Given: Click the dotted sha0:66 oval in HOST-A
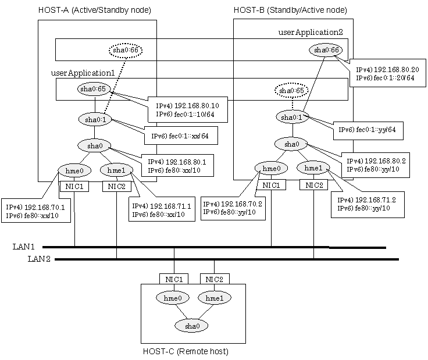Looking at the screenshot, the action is click(x=126, y=50).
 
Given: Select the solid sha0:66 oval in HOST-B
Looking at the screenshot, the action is click(x=326, y=50).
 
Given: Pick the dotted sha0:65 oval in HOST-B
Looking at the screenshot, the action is click(x=291, y=90).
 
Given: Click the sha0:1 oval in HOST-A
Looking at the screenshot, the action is click(x=95, y=120).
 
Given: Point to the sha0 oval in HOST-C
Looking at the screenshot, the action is click(x=191, y=326).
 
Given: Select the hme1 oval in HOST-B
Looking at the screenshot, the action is click(x=313, y=168).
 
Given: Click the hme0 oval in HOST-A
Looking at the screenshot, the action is click(x=74, y=171).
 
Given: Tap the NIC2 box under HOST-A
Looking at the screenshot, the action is click(x=116, y=187).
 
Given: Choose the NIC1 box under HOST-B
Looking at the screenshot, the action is click(x=271, y=186).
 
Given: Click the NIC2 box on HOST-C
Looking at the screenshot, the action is click(x=215, y=279).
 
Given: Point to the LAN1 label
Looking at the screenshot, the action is click(x=24, y=247).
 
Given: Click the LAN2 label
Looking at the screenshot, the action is click(x=39, y=259).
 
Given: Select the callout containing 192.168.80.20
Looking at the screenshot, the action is click(x=388, y=73).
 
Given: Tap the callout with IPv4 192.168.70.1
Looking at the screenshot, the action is click(x=35, y=211).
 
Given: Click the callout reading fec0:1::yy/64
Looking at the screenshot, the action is click(x=368, y=130).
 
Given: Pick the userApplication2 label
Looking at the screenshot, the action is click(x=311, y=32).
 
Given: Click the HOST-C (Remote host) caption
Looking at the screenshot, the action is click(x=186, y=351).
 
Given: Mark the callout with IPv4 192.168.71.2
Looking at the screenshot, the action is click(x=368, y=205).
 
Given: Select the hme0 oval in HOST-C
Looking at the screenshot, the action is click(x=173, y=298).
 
